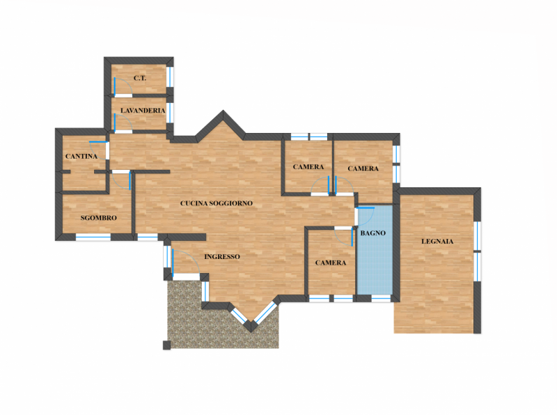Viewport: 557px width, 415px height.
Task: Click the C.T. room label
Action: [x=140, y=78]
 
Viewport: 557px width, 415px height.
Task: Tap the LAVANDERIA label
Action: [x=143, y=111]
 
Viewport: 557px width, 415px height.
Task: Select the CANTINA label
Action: [x=81, y=157]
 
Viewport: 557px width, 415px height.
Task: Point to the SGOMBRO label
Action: [x=98, y=218]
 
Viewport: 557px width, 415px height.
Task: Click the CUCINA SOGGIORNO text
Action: [x=217, y=203]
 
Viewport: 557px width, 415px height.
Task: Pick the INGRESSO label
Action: [x=222, y=256]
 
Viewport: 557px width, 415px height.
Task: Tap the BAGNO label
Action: [x=373, y=233]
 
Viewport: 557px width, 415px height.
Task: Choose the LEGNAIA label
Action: [x=437, y=242]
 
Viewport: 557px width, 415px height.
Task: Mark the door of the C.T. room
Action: [x=123, y=87]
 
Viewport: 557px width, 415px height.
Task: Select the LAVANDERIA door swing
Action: [x=123, y=123]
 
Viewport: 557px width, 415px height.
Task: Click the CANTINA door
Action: [x=99, y=150]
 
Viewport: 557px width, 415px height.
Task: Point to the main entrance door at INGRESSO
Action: [x=185, y=263]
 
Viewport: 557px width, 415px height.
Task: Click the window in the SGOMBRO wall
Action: [x=93, y=237]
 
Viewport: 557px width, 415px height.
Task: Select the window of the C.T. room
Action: [x=170, y=77]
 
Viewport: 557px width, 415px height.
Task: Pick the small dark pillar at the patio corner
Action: [x=166, y=345]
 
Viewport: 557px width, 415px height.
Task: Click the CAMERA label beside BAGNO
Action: [x=331, y=263]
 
